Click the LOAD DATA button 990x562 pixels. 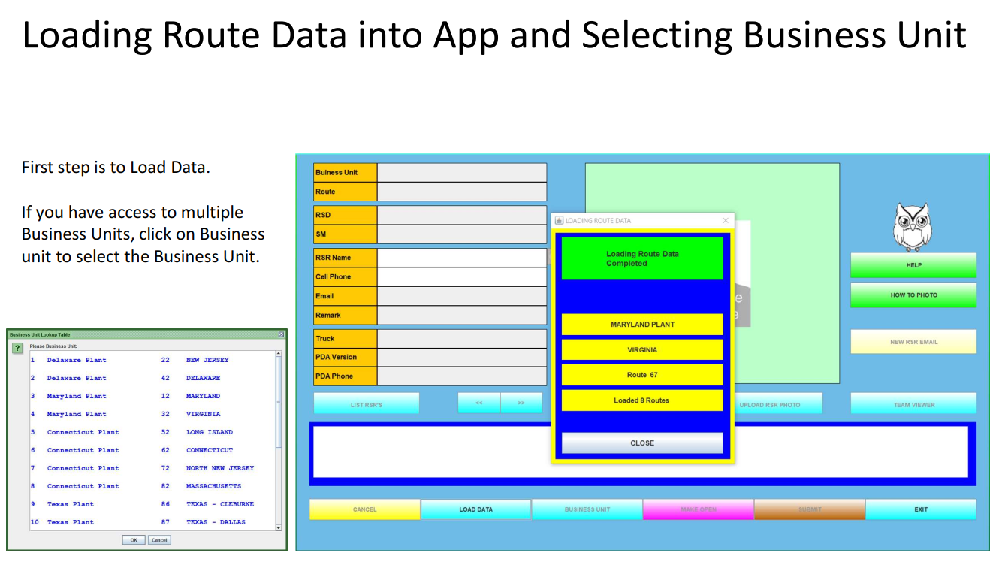tap(475, 509)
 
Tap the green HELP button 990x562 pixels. tap(913, 265)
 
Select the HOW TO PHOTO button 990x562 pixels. tap(913, 295)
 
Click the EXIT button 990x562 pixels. tap(921, 509)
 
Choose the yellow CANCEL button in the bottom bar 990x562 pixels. tap(364, 509)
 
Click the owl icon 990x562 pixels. tap(913, 227)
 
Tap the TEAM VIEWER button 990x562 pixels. tap(913, 404)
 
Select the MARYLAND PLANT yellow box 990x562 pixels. tap(642, 325)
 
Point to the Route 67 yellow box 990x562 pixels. tap(642, 375)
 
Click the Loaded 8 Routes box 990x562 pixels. tap(642, 400)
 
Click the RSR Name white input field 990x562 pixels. tap(462, 258)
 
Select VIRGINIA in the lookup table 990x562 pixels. tap(204, 414)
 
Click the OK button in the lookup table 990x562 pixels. tap(134, 539)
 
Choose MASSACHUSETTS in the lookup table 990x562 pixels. tap(213, 486)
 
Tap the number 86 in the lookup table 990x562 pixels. tap(165, 504)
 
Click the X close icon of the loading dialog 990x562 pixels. tap(725, 221)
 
